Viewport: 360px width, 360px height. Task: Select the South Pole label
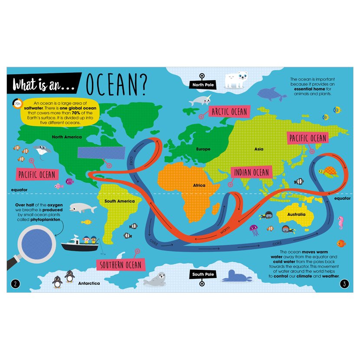(203, 275)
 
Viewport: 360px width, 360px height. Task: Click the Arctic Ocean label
(229, 112)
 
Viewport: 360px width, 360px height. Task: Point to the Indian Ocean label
(252, 172)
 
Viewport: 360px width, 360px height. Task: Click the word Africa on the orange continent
(199, 185)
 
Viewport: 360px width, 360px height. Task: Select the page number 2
(15, 284)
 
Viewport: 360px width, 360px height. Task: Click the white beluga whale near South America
(83, 209)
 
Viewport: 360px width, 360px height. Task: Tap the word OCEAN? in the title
(116, 85)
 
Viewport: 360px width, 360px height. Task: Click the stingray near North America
(42, 152)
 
